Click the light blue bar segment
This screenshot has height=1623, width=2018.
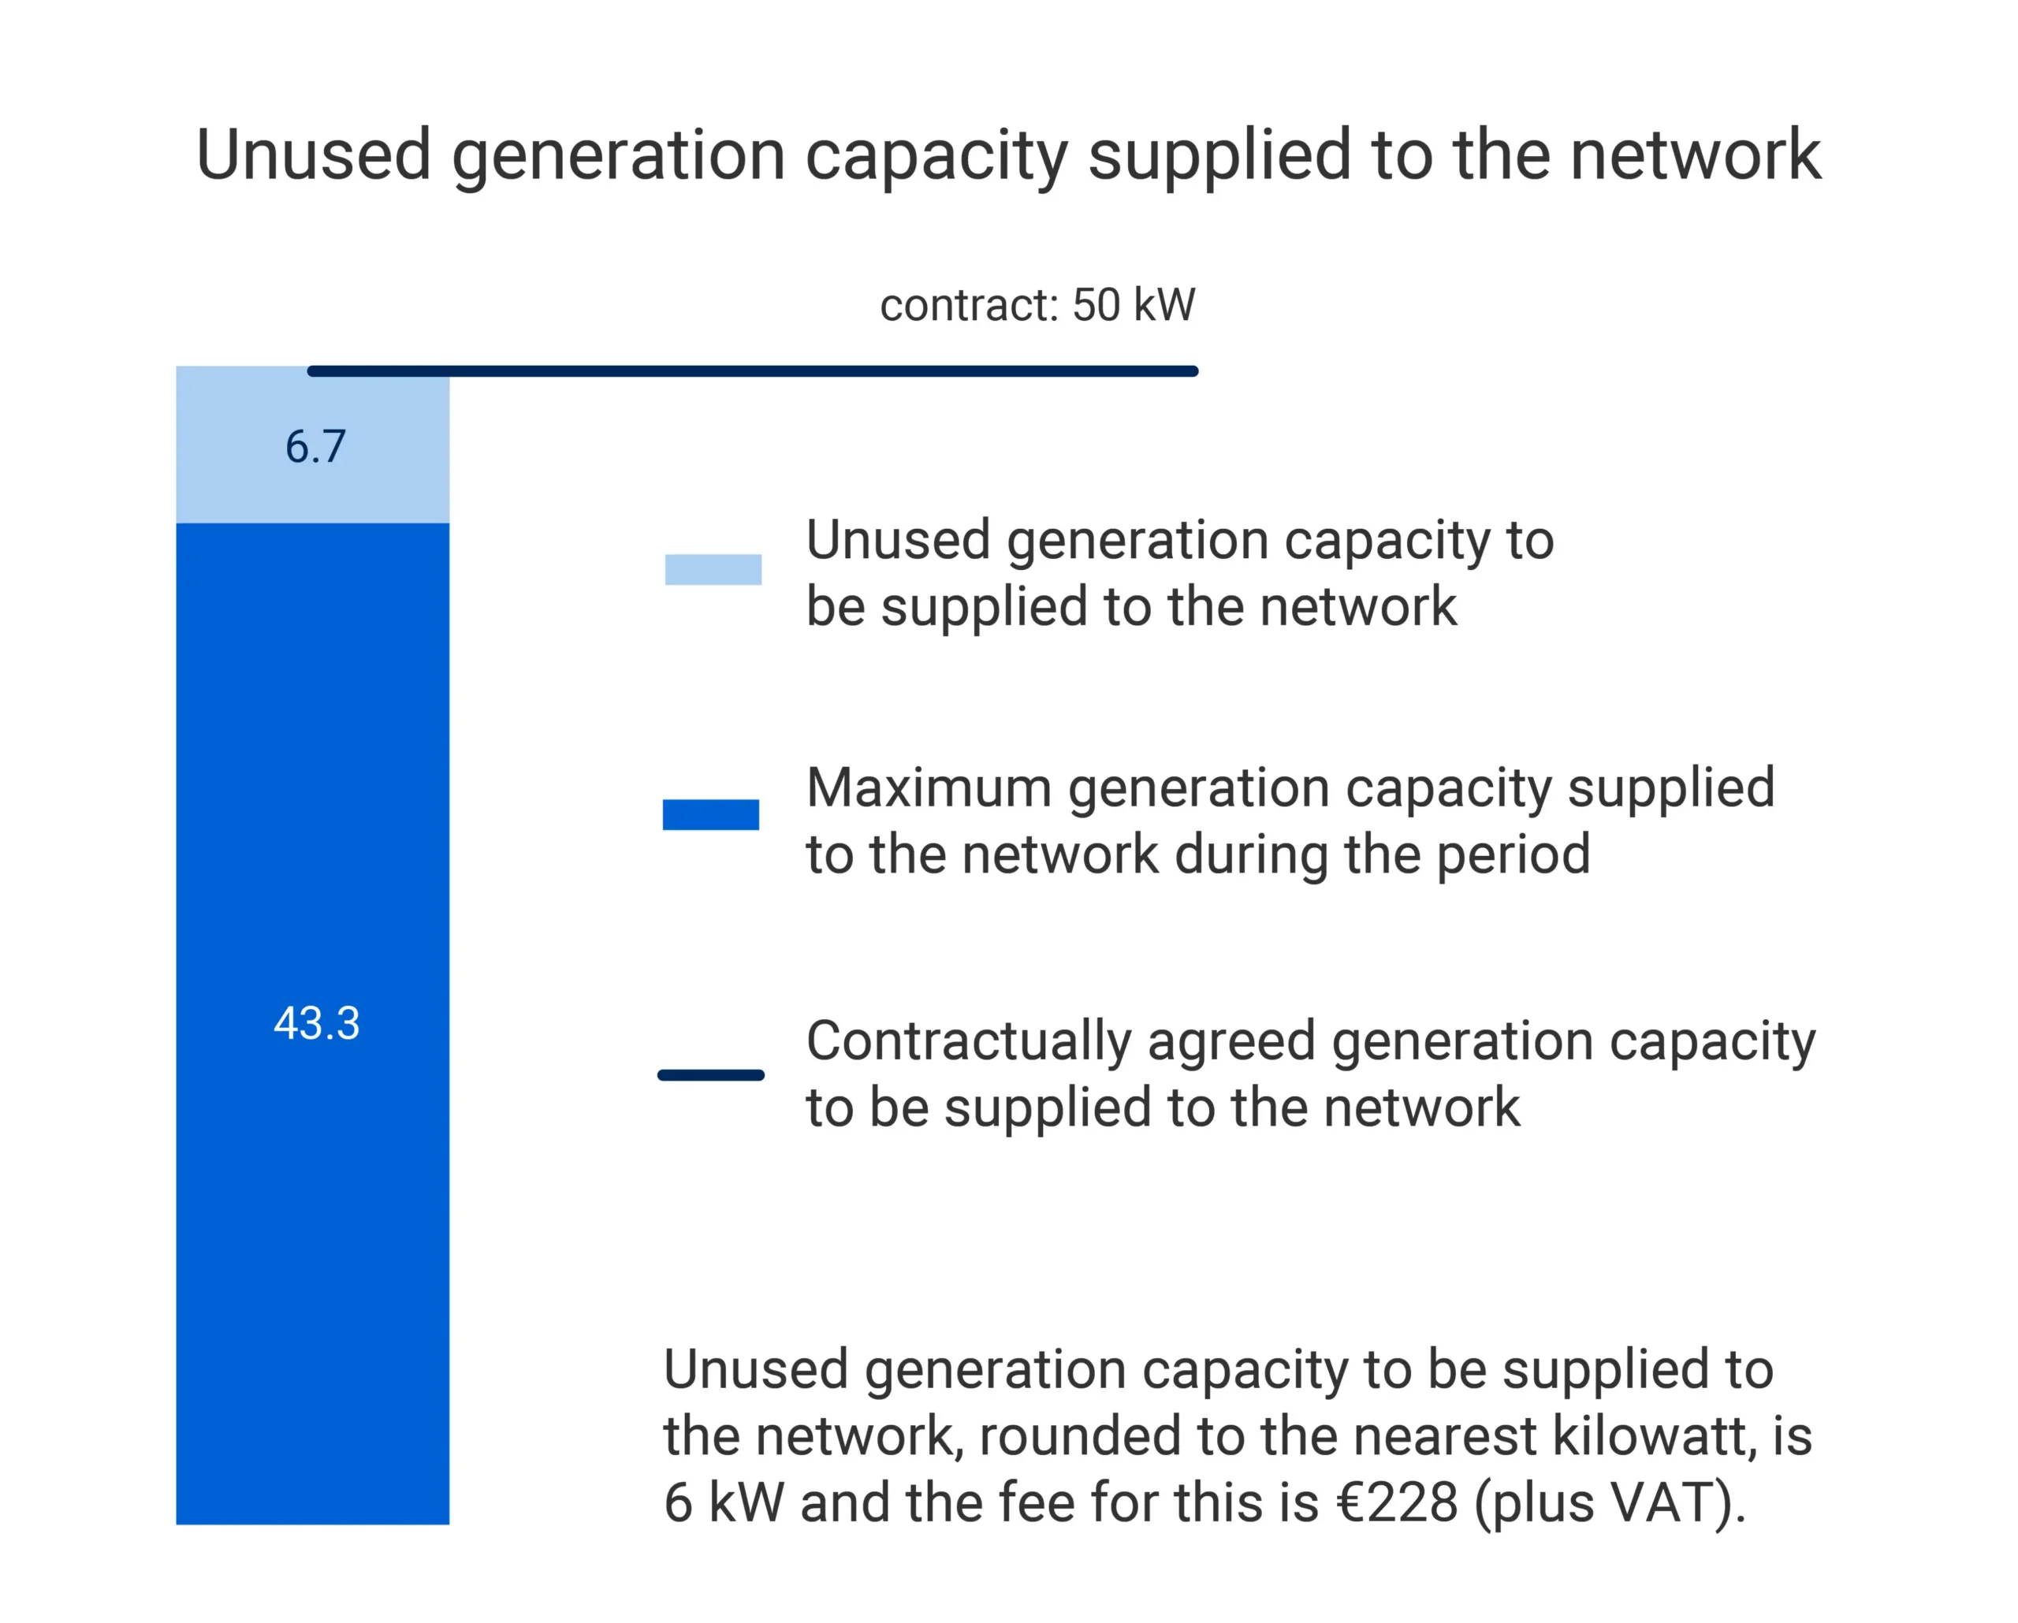[313, 445]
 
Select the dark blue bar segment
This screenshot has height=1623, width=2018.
[313, 1024]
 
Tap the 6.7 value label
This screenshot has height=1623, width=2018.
[316, 446]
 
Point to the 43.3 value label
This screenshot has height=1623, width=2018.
[316, 1023]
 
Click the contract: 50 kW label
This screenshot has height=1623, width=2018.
[1038, 305]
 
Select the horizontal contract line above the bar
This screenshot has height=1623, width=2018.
[753, 371]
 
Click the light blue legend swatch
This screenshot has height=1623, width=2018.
[713, 570]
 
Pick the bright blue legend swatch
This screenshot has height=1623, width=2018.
[711, 814]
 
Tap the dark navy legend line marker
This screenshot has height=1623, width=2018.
[711, 1075]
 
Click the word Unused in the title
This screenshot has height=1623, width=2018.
[314, 154]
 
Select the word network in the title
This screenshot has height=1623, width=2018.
[1696, 154]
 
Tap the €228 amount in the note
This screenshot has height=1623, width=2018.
[1398, 1503]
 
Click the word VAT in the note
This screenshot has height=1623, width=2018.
[1662, 1503]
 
